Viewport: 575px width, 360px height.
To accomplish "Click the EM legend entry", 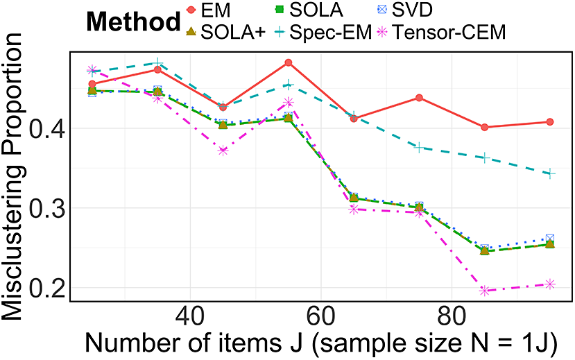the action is click(208, 10).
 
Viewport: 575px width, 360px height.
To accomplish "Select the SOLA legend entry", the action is click(309, 10).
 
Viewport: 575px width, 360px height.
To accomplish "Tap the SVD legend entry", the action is click(405, 10).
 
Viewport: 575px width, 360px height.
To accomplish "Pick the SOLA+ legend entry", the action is click(225, 33).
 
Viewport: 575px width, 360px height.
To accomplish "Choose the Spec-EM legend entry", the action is click(323, 33).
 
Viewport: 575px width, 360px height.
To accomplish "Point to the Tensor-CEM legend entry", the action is click(442, 33).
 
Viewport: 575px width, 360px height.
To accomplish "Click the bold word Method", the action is click(133, 22).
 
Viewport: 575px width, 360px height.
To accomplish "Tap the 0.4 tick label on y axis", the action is click(46, 128).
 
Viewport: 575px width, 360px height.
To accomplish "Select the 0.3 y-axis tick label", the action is click(46, 208).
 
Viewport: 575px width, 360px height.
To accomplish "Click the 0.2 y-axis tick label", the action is click(46, 288).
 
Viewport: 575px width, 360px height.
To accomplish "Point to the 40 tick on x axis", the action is click(190, 316).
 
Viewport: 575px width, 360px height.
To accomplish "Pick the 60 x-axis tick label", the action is click(320, 316).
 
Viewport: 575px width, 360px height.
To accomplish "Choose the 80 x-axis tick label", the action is click(451, 316).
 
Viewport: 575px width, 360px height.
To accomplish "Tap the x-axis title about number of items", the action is click(321, 343).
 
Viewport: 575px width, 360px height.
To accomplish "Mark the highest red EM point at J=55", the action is click(289, 62).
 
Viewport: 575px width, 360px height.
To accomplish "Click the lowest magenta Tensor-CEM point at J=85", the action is click(485, 291).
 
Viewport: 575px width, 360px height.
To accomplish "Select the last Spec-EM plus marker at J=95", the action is click(550, 174).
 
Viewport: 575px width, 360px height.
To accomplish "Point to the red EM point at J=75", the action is click(419, 98).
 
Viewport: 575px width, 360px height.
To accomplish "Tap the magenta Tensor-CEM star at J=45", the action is click(223, 151).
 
